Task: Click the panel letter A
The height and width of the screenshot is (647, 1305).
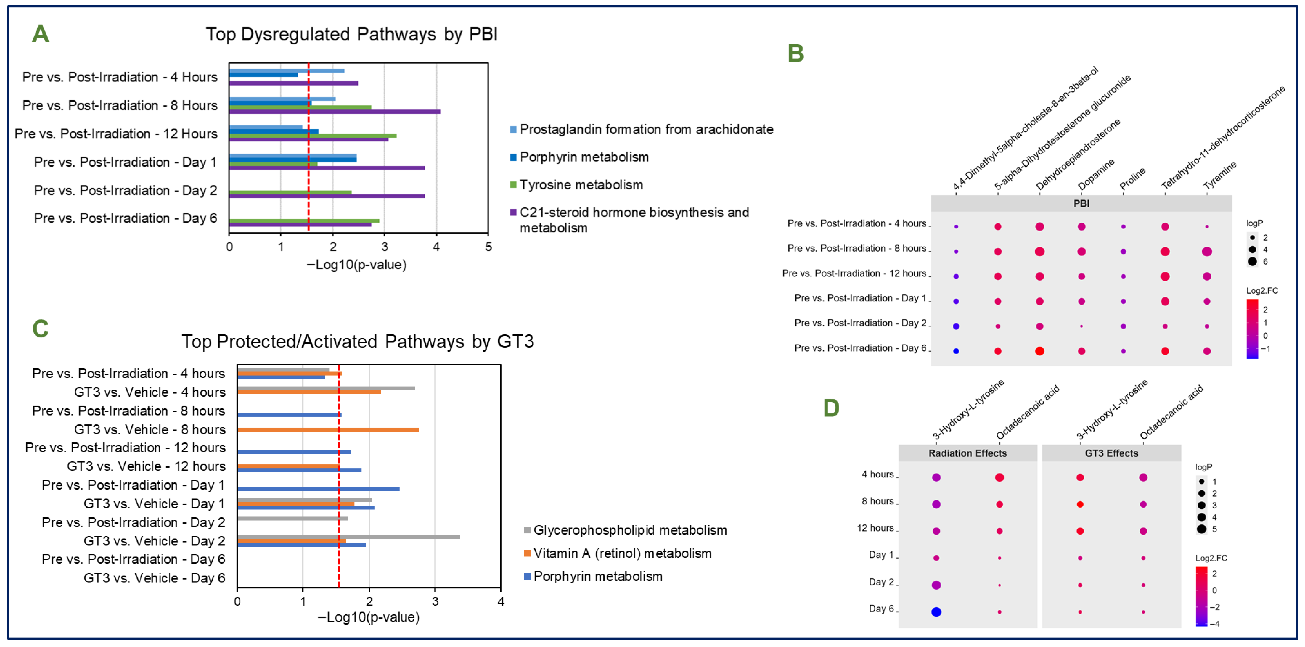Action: point(41,34)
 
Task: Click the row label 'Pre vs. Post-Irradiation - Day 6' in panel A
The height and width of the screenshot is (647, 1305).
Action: point(125,218)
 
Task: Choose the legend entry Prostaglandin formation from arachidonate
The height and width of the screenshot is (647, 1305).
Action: point(646,130)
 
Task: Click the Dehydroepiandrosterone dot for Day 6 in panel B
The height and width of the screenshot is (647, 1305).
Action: point(1039,351)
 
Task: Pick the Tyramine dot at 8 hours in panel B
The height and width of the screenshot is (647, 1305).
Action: point(1207,251)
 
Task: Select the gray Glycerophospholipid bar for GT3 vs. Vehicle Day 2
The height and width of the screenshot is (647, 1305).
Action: point(348,537)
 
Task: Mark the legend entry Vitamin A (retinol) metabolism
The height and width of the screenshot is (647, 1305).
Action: point(622,553)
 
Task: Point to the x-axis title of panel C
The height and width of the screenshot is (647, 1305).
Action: point(368,617)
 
